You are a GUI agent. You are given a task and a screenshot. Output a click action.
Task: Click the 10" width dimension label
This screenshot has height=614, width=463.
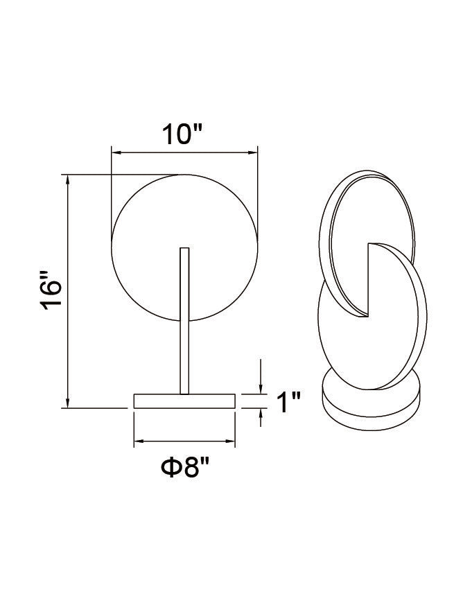pyautogui.click(x=182, y=134)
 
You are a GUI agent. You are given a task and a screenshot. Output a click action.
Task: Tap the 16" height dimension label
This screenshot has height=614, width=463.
pyautogui.click(x=51, y=290)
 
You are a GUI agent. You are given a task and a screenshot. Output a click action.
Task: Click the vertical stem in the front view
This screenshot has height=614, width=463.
pyautogui.click(x=184, y=321)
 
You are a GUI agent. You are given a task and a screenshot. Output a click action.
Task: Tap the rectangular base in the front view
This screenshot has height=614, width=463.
pyautogui.click(x=184, y=401)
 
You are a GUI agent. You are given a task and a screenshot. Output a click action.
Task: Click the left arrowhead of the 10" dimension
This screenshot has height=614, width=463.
pyautogui.click(x=116, y=152)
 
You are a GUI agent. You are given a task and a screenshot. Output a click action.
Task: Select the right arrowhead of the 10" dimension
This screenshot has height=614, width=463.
pyautogui.click(x=253, y=152)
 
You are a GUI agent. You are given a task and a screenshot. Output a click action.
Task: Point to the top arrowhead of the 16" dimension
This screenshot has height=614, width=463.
pyautogui.click(x=68, y=179)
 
